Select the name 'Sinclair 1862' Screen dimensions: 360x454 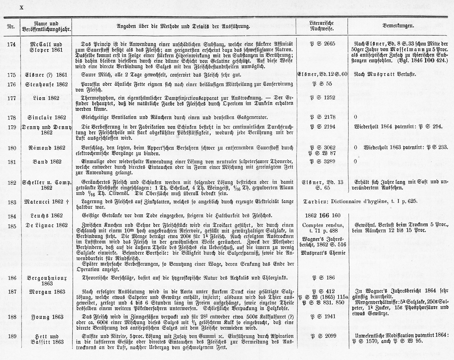[x=46, y=118]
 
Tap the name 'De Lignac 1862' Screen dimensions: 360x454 [x=46, y=225]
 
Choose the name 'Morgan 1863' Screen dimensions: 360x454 [x=46, y=291]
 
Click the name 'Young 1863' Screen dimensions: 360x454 [x=46, y=317]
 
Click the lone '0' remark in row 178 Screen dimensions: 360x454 [x=356, y=118]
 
